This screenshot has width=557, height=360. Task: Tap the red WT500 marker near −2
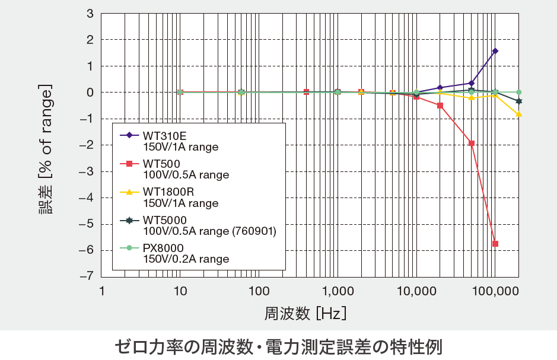(472, 144)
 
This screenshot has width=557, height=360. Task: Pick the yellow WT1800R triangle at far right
(518, 114)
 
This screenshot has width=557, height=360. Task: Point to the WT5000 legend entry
(202, 225)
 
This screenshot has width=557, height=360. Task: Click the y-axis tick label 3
(90, 13)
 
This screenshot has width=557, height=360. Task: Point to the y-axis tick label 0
(90, 92)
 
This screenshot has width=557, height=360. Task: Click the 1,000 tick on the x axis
(337, 291)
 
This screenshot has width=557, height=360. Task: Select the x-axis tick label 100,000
(495, 291)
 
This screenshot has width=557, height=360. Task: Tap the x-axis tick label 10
(180, 291)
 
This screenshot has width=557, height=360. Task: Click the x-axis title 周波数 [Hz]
(305, 313)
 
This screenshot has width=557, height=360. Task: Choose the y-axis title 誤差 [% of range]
(46, 145)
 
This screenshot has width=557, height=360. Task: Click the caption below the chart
(278, 346)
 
